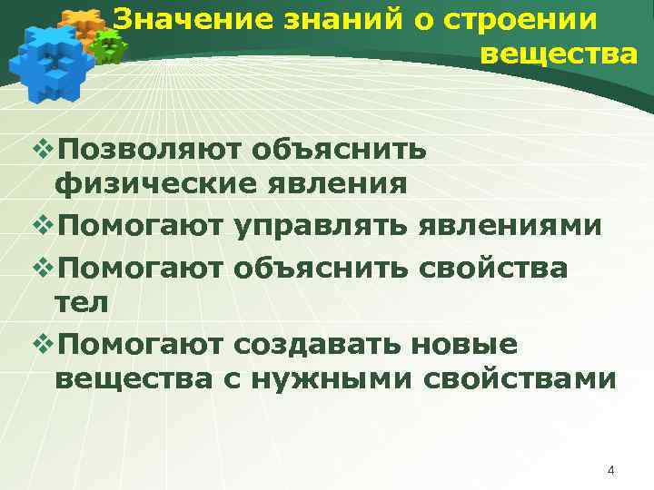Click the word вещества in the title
[559, 54]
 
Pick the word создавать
[317, 344]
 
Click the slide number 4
[610, 470]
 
